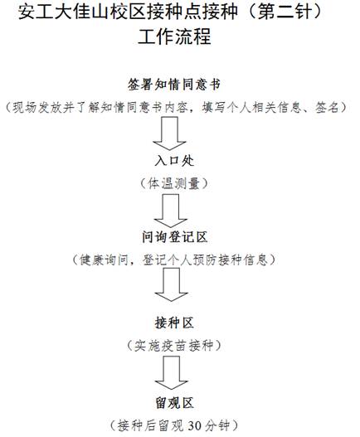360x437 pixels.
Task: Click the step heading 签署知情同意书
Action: pos(174,85)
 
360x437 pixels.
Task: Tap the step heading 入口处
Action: pos(174,161)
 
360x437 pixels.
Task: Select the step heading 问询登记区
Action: pos(174,237)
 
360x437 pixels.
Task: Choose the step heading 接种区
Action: pos(174,323)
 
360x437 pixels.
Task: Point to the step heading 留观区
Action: pos(174,403)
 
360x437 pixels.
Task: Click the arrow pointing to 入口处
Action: pos(169,134)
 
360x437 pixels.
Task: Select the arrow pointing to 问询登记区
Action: pos(171,211)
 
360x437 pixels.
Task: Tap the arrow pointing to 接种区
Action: pos(171,284)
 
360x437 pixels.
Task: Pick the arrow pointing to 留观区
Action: pos(171,373)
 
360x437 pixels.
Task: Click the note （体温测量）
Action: pos(174,183)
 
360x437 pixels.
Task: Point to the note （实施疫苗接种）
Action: pos(174,346)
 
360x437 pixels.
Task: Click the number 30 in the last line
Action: pos(194,426)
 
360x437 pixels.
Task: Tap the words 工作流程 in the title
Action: pos(174,36)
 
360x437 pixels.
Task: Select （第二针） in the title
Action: pos(285,12)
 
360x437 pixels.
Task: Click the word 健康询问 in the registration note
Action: pos(104,260)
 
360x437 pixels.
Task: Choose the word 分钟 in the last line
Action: pos(217,426)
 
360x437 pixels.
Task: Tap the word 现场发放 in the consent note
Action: pos(37,108)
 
